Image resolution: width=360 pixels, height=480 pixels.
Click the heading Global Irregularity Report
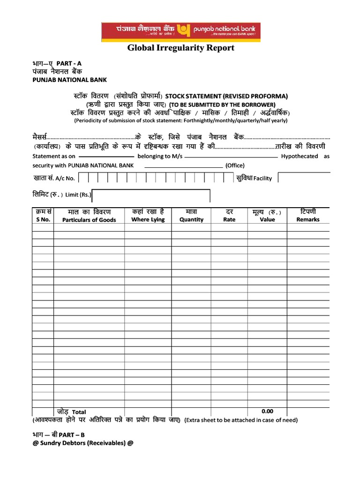coord(181,48)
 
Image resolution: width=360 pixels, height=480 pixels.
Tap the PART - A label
coord(69,63)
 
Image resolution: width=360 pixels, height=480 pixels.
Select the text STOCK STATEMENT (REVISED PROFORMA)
coord(226,96)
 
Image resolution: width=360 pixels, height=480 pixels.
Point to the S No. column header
coord(43,219)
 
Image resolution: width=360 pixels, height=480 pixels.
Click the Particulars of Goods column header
coord(89,220)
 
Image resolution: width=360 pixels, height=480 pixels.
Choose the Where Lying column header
coord(148,219)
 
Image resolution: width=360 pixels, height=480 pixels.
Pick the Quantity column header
coord(191,219)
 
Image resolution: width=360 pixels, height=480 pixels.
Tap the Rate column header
coord(229,219)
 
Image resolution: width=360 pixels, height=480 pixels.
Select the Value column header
coord(267,219)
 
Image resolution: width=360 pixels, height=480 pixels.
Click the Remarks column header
coord(307,219)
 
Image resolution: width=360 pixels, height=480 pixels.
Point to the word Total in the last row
coord(79,412)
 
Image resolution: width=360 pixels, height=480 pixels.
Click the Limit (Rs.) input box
coord(151,195)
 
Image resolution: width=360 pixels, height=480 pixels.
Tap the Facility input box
coord(304,178)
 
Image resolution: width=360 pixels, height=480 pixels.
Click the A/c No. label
coord(65,178)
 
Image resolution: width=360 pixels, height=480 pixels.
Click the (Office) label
coord(235,165)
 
